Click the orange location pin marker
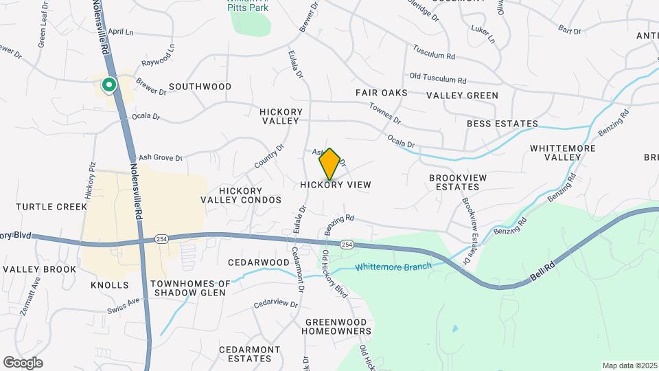[x=330, y=164]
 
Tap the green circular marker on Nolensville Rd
[x=108, y=85]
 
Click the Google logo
[x=23, y=363]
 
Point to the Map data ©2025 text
[x=629, y=366]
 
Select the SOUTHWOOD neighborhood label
[x=200, y=87]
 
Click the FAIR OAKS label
[x=382, y=93]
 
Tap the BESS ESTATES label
[x=502, y=124]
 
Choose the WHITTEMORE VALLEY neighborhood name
[x=564, y=153]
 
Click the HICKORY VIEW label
[x=336, y=185]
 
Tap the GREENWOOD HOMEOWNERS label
[x=338, y=326]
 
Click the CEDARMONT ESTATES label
[x=249, y=354]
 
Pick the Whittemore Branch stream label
[x=393, y=267]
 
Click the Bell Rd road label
[x=542, y=269]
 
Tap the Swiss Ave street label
[x=123, y=306]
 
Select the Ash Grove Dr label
[x=160, y=158]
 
